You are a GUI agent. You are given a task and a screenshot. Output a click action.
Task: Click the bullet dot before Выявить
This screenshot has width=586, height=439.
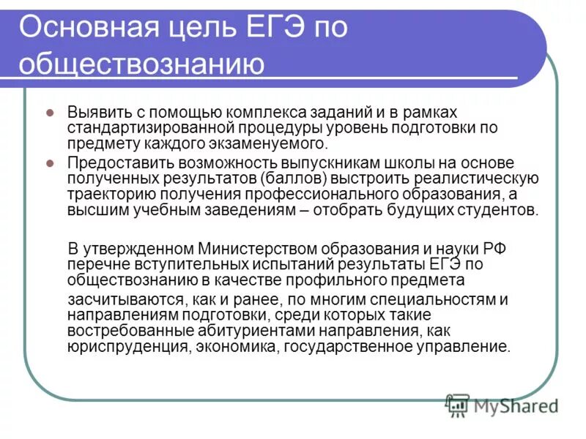[51, 113]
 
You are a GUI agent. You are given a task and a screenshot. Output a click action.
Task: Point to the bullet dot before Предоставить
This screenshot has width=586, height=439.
[51, 162]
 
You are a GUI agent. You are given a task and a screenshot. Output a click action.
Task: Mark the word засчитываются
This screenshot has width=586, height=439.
[119, 301]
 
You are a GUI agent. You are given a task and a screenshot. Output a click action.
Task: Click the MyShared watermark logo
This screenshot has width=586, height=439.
[502, 405]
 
